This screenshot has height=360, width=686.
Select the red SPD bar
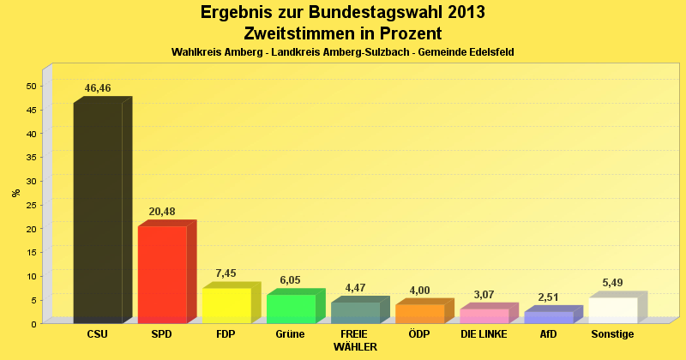162,274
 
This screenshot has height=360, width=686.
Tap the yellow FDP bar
226,305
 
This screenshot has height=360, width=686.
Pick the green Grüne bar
291,309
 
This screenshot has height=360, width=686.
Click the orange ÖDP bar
419,314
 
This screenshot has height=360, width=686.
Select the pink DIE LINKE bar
484,315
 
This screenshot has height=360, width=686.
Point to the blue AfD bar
548,317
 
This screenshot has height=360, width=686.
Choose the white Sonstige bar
612,310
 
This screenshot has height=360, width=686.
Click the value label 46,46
98,88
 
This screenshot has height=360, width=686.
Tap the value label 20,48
162,212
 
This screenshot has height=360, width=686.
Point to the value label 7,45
226,273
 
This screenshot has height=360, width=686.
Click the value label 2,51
548,297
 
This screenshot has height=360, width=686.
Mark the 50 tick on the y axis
31,86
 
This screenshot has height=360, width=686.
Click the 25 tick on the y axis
31,205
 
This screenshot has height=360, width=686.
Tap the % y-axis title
15,193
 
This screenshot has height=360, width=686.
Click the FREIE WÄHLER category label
354,339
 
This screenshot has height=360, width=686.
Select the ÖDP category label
419,333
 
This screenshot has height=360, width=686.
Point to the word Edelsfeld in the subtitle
486,52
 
